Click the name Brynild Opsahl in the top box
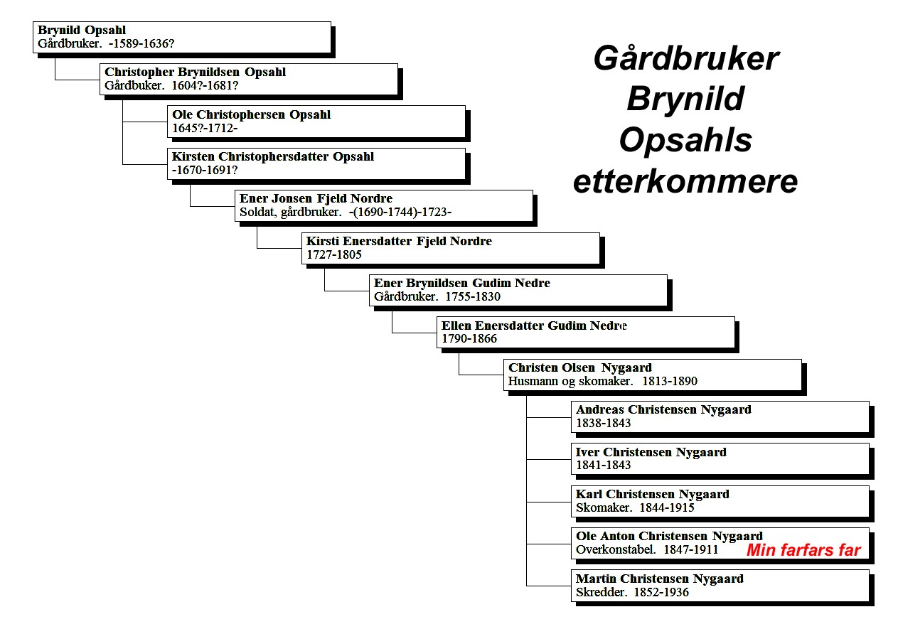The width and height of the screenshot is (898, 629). click(x=82, y=30)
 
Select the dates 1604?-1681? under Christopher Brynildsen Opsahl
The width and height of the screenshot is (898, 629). click(x=205, y=85)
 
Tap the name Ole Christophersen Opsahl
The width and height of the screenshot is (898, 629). click(x=252, y=114)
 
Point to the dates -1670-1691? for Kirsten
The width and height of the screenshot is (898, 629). click(x=205, y=170)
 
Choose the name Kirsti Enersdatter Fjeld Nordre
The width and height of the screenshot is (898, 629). click(x=400, y=241)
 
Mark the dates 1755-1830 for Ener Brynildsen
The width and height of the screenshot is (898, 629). click(x=473, y=296)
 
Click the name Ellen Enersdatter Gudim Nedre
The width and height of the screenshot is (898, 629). click(x=534, y=326)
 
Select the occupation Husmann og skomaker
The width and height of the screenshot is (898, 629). click(x=570, y=381)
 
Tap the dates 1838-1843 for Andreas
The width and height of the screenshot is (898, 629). click(x=604, y=423)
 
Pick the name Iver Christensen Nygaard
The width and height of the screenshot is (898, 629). click(x=651, y=452)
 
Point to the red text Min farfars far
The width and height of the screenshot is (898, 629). click(x=803, y=550)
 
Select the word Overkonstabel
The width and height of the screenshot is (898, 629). click(x=616, y=549)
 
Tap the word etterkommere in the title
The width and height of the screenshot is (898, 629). click(x=685, y=181)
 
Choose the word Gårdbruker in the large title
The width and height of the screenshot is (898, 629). click(x=686, y=59)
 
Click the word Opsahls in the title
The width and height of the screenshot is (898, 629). click(x=685, y=140)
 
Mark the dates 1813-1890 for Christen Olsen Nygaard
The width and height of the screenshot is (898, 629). click(x=670, y=381)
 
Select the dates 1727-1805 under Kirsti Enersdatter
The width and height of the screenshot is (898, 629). click(x=334, y=255)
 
